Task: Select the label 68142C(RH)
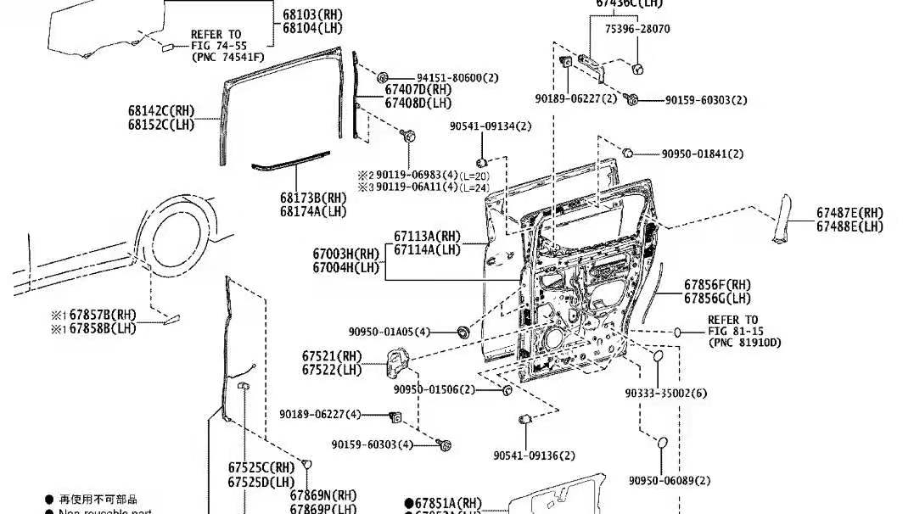tap(161, 111)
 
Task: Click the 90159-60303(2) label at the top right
tap(705, 100)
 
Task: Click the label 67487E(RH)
tap(850, 213)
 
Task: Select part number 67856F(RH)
tap(717, 285)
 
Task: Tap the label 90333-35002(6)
tap(666, 394)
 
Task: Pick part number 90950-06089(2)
tap(670, 481)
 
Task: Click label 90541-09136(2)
tap(534, 455)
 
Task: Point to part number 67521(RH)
tap(331, 356)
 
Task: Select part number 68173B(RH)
tap(313, 198)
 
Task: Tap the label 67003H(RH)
tap(345, 254)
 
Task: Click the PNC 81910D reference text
tap(744, 343)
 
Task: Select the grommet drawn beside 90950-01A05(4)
tap(463, 331)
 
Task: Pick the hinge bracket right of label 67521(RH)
tap(399, 366)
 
